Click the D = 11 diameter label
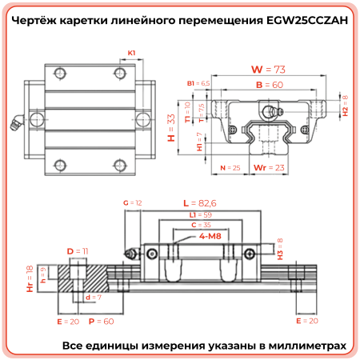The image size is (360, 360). (x=78, y=251)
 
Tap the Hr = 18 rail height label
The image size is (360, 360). (x=30, y=274)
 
